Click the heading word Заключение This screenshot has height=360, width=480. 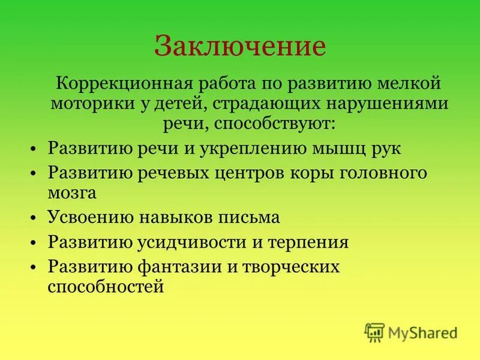click(240, 46)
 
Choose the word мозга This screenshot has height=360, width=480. click(72, 193)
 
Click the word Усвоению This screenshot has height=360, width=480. click(85, 217)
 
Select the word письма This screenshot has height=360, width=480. click(251, 217)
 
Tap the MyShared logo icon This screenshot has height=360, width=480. click(374, 332)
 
